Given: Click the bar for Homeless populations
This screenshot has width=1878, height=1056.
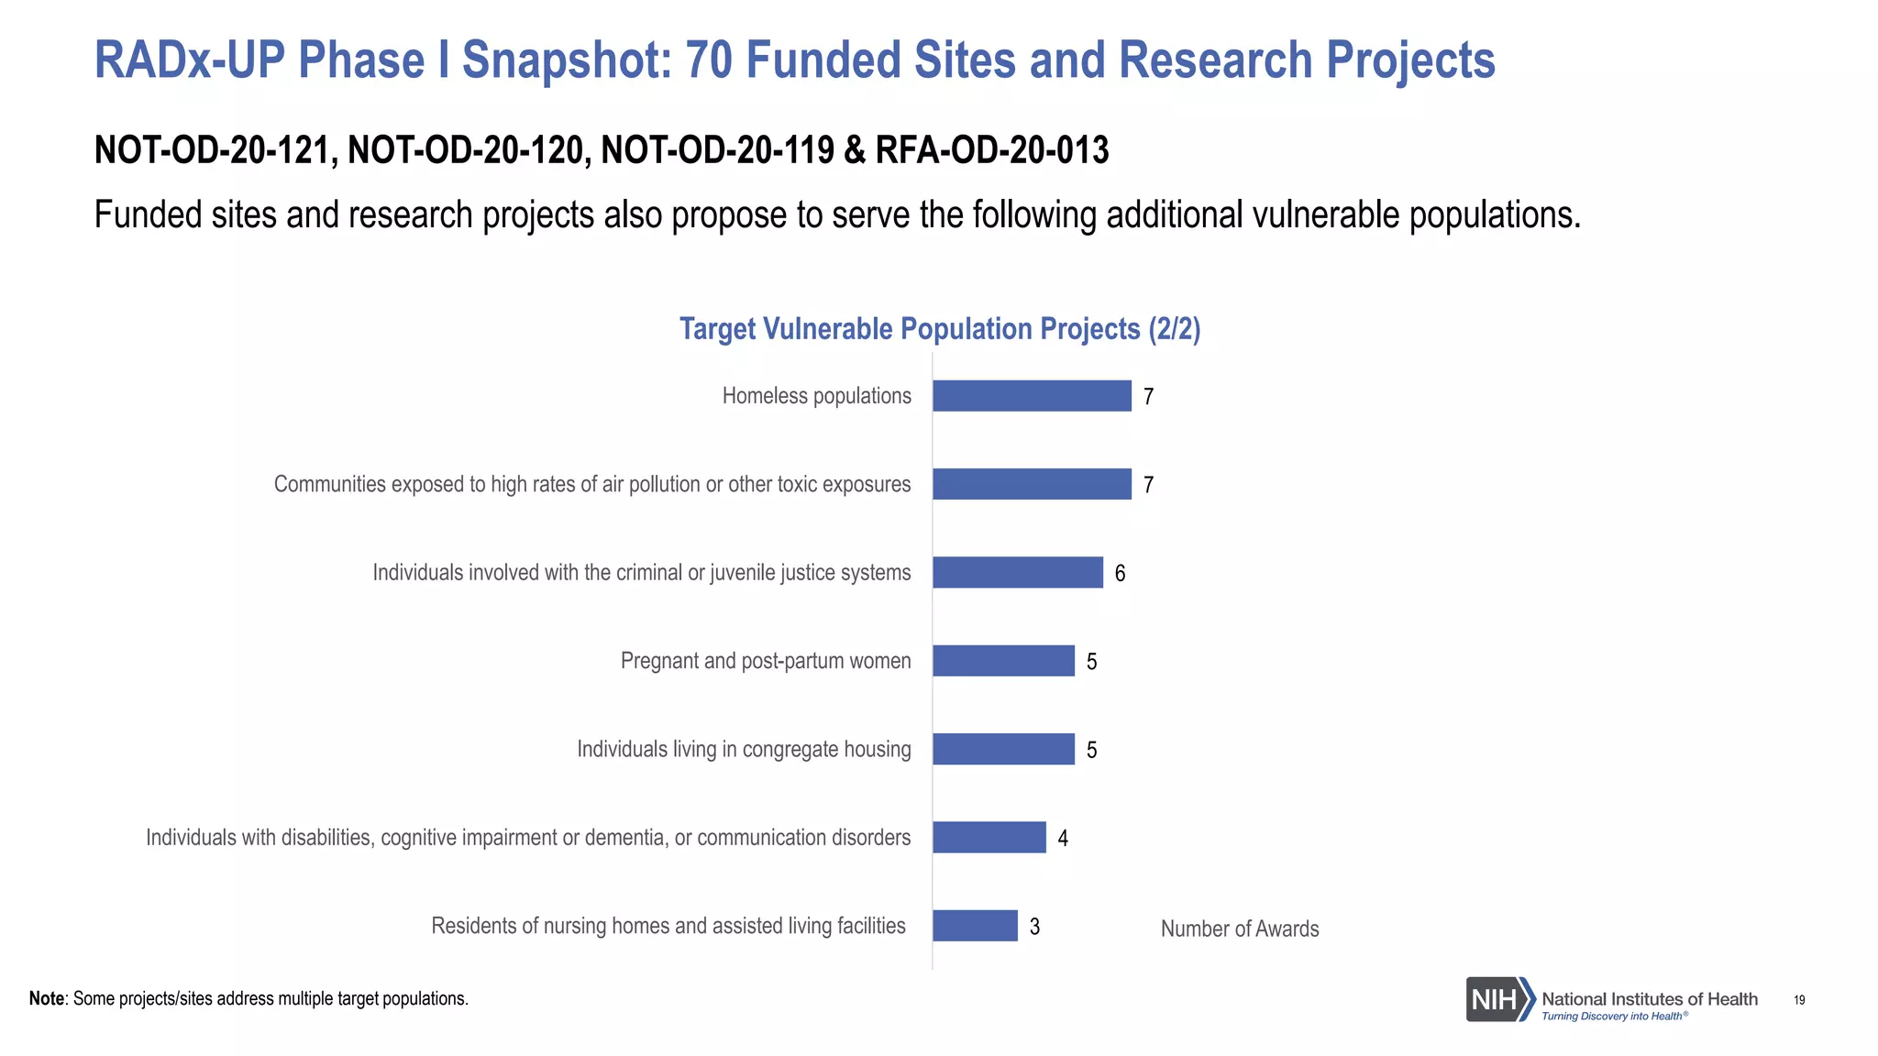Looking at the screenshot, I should [x=1032, y=396].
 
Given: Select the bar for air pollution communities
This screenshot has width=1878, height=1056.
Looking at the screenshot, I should [x=1032, y=484].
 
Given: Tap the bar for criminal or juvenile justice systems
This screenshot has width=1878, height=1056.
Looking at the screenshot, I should [x=1018, y=572].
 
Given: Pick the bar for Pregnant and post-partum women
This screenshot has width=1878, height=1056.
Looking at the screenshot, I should [x=1003, y=661].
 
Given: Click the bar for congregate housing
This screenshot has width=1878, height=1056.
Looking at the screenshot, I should [x=1003, y=749].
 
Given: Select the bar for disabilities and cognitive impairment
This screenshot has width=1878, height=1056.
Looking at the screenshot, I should [x=989, y=837].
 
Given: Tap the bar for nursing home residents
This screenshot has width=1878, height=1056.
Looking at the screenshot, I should [x=975, y=926].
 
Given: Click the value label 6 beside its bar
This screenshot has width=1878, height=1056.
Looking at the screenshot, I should [x=1120, y=574].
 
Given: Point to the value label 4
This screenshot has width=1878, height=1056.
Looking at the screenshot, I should [x=1063, y=839].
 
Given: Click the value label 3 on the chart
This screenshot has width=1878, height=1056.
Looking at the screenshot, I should [x=1034, y=927].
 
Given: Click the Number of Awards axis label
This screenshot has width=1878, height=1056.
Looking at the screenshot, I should [x=1240, y=929].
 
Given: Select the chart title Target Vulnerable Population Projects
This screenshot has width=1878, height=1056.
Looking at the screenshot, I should [x=939, y=329].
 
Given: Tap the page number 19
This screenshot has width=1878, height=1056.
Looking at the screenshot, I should [x=1799, y=1000].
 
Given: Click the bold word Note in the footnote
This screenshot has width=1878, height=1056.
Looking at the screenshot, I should [x=47, y=998].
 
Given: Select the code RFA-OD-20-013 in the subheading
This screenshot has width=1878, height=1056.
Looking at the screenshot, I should [x=992, y=150].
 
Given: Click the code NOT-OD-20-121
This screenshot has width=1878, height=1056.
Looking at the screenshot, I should [x=214, y=150].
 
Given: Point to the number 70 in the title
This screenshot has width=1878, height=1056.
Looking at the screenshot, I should [x=709, y=60].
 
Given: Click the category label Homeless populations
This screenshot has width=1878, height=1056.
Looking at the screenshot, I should [x=816, y=396].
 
